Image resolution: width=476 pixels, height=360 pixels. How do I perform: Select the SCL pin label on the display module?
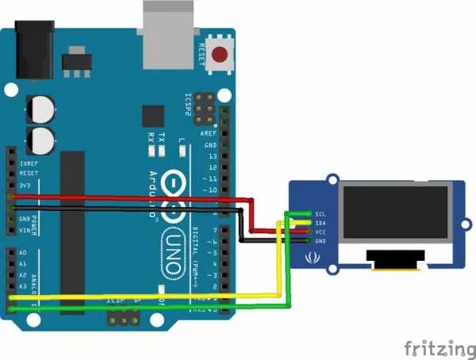[x=320, y=213]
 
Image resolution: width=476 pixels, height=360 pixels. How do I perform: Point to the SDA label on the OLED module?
[x=320, y=223]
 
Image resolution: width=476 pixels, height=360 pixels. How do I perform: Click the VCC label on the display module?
[x=320, y=232]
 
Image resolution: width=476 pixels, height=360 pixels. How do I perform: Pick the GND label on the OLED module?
[x=320, y=240]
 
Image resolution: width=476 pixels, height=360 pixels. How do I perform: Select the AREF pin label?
[x=209, y=134]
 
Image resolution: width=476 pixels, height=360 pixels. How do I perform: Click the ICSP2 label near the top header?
[x=188, y=105]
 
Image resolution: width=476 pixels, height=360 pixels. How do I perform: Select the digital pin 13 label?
[x=211, y=157]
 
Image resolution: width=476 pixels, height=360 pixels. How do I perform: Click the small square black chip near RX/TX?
[x=153, y=117]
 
